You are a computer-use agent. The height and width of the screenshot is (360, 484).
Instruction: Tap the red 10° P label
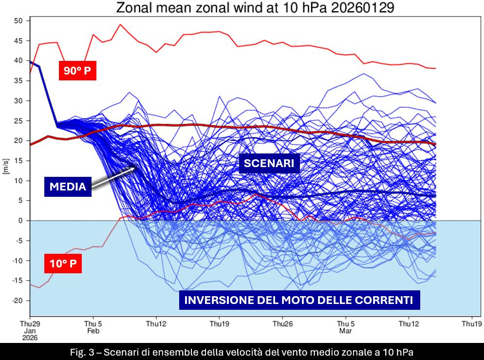(63, 265)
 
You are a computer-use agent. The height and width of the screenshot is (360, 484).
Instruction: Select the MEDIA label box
(68, 187)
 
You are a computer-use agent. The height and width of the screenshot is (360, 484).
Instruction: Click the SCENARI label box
(269, 164)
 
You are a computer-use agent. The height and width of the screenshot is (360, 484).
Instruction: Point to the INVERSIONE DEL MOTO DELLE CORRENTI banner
(299, 300)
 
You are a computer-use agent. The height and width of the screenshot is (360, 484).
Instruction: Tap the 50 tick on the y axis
(19, 20)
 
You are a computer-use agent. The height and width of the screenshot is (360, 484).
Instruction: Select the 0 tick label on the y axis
(20, 221)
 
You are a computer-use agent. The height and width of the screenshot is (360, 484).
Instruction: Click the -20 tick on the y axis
(17, 301)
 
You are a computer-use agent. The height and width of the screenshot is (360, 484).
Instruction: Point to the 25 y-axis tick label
(19, 121)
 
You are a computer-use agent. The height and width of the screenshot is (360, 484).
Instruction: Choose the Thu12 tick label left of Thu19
(156, 323)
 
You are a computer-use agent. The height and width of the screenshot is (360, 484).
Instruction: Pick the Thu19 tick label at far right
(471, 323)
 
